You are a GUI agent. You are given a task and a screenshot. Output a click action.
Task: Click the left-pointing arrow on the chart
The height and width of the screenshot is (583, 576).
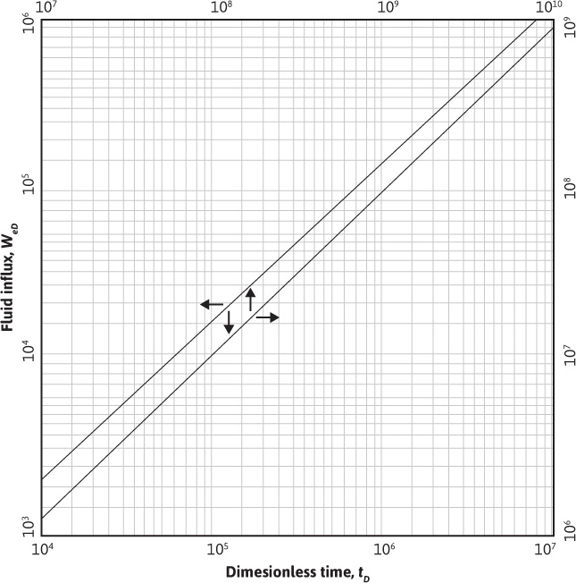point(212,305)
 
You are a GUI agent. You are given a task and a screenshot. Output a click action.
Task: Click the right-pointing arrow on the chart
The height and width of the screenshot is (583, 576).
point(267,317)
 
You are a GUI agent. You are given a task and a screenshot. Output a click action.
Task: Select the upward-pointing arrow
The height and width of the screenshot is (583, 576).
point(250,300)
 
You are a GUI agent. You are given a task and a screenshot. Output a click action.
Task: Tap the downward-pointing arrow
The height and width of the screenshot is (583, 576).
point(229,323)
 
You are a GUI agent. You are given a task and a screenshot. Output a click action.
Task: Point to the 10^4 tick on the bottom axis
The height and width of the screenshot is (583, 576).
point(41,549)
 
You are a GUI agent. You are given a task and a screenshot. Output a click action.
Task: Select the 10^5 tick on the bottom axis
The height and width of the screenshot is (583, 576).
point(213,549)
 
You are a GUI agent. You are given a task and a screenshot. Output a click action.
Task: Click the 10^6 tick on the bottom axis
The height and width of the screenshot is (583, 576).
point(384,549)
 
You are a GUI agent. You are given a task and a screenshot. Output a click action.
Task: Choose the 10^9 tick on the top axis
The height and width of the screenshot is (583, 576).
point(385,7)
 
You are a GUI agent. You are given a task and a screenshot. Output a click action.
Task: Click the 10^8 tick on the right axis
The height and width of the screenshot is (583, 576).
point(566,190)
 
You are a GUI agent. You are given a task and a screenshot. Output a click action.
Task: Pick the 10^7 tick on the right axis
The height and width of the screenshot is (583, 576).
point(566,359)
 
